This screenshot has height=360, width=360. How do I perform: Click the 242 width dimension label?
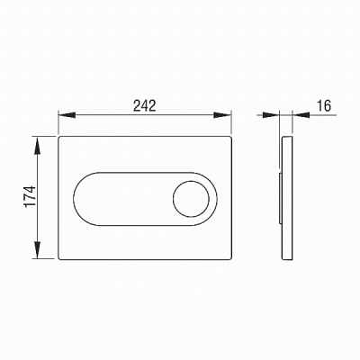point(145,105)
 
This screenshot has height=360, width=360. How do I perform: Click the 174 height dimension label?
point(30,196)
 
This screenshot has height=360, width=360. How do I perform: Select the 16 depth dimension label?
point(324,105)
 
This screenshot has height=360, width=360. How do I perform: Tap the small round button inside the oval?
point(191,199)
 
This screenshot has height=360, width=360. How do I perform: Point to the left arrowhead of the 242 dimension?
point(67,115)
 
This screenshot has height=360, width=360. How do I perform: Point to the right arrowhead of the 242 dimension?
point(222,115)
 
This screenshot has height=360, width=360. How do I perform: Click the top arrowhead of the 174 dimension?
point(37,145)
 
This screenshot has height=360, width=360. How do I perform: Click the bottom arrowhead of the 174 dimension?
point(37,249)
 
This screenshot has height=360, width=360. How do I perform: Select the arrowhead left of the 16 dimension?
point(271,115)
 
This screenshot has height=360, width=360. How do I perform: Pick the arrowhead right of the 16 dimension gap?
point(301,115)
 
